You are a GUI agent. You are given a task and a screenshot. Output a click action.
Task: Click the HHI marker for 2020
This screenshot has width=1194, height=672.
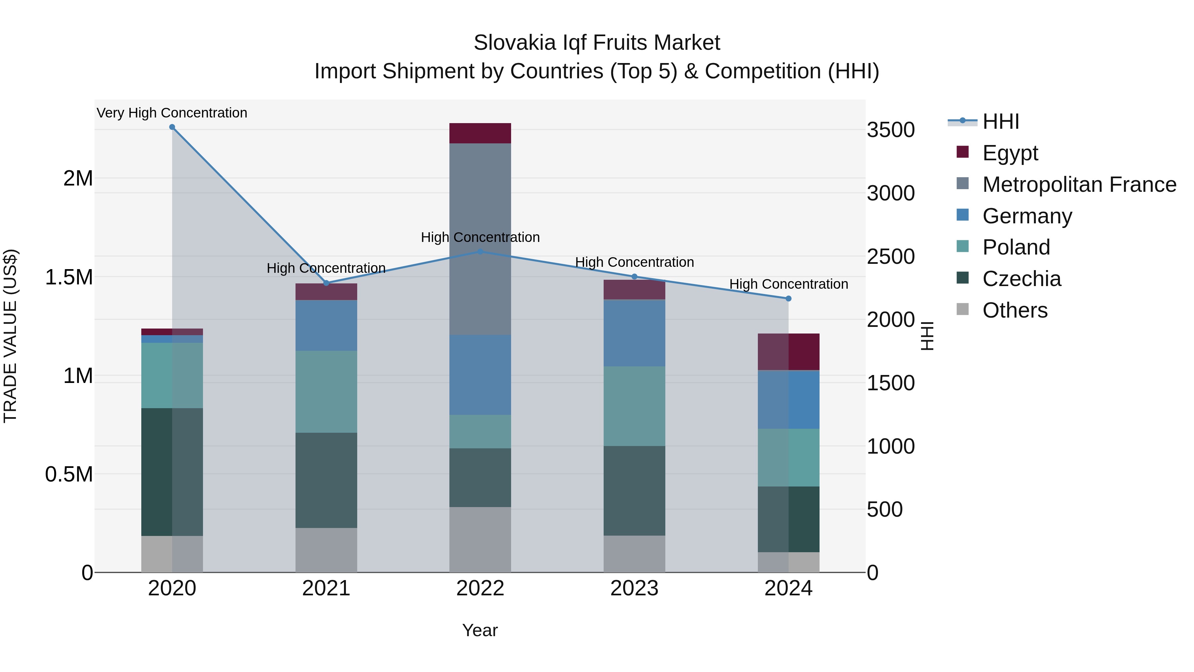pos(172,127)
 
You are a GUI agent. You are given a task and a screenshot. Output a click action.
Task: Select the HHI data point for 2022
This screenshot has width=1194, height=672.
pos(480,252)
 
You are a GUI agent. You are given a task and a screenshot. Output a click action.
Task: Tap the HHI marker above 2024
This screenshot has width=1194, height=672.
pos(788,299)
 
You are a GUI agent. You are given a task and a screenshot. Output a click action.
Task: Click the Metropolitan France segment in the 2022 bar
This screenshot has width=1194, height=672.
pos(480,239)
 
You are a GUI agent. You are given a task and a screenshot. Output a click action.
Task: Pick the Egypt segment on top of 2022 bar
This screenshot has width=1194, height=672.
pos(480,133)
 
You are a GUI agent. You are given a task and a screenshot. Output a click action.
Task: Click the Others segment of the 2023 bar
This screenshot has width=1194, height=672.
pos(634,554)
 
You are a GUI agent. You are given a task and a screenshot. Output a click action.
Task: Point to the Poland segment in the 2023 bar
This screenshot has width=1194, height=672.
pos(634,406)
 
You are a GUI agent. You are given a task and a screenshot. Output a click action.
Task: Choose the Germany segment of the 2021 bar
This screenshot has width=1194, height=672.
pos(326,325)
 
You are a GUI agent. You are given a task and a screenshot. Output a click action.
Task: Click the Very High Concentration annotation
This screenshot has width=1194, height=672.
pos(172,113)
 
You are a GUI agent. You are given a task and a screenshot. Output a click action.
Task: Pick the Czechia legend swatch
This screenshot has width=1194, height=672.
pos(963,278)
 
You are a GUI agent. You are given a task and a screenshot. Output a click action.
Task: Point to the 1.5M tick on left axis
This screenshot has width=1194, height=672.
pos(69,277)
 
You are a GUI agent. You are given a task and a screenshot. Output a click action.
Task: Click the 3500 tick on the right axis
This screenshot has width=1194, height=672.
pos(891,130)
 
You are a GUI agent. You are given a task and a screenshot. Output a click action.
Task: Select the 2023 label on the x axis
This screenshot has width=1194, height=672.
pos(634,588)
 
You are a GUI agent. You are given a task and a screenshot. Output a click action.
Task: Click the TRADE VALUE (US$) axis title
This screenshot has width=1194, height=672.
pos(10,336)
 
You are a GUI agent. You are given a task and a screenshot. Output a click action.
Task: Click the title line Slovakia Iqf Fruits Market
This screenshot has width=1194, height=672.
pos(597,43)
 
